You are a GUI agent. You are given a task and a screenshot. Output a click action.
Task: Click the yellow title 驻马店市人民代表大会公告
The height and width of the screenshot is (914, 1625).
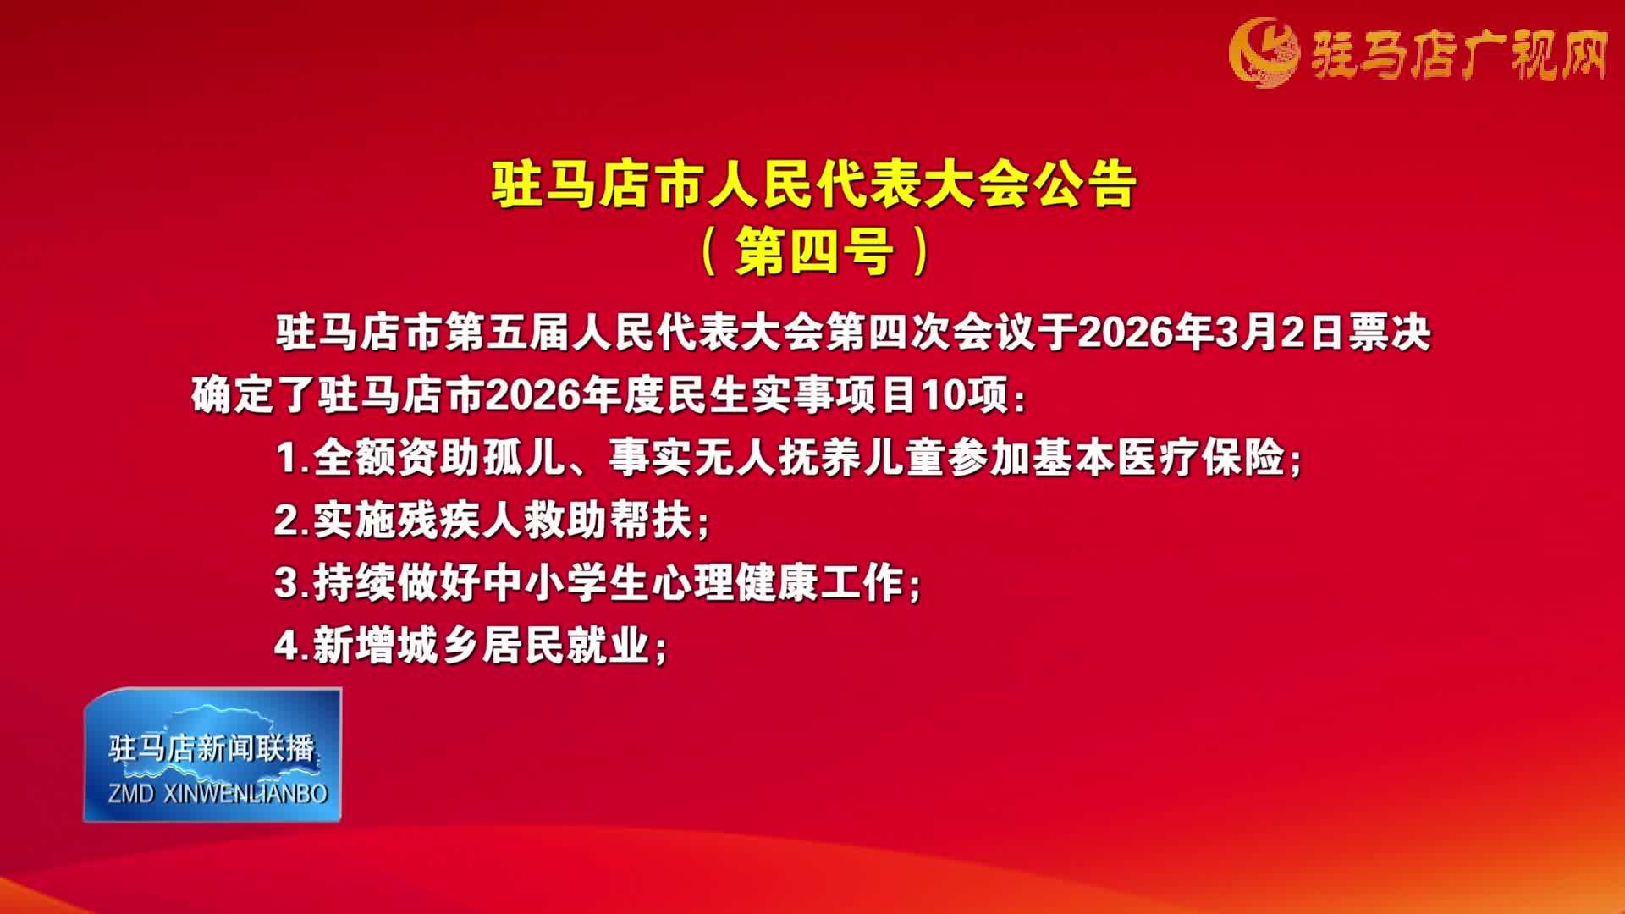(x=813, y=185)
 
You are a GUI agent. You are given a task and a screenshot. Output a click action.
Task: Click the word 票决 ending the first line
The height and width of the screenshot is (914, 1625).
(x=1389, y=333)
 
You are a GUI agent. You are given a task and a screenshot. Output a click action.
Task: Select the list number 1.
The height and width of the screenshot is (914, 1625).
(x=287, y=459)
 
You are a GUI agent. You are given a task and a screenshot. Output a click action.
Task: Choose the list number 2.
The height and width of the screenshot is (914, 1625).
(x=287, y=520)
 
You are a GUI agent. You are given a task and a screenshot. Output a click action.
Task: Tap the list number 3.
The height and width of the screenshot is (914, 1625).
(x=287, y=584)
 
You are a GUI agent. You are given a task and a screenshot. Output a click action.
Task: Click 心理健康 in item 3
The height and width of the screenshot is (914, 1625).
(x=735, y=584)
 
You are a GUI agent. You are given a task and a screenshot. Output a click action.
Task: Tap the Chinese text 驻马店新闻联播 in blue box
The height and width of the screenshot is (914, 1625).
(x=212, y=748)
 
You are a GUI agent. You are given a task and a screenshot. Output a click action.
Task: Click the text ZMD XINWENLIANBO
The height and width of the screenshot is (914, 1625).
(x=218, y=794)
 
